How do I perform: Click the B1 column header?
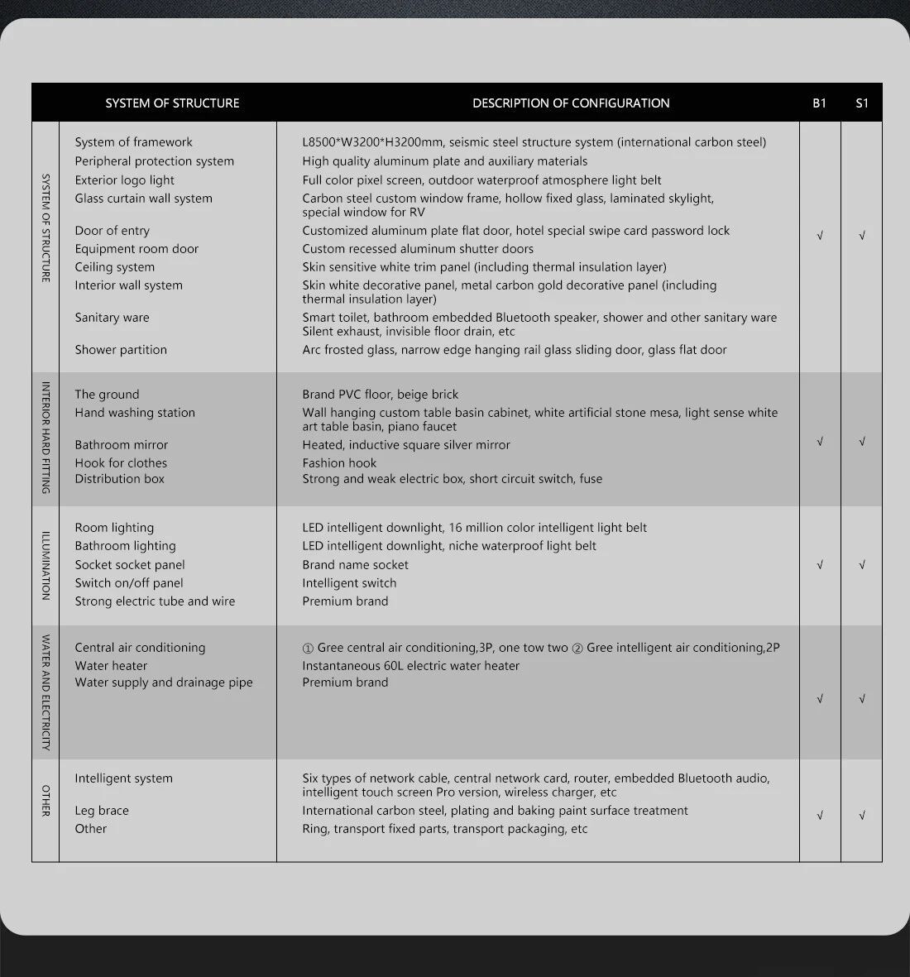click(819, 103)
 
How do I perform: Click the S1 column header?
click(862, 103)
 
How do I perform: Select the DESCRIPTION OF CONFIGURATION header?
click(571, 103)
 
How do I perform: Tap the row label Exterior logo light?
click(124, 180)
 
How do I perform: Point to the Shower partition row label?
click(121, 350)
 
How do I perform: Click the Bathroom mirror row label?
click(121, 445)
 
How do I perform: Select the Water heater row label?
click(111, 666)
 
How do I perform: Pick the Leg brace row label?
click(102, 811)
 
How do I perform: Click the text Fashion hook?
click(339, 463)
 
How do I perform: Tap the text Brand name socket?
click(355, 565)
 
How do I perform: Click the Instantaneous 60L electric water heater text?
click(410, 666)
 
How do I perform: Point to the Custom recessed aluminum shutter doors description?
click(418, 249)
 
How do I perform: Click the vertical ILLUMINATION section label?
click(45, 566)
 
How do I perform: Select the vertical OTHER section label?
click(45, 800)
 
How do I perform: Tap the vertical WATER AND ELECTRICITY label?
click(45, 692)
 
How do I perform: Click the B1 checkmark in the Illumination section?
click(820, 565)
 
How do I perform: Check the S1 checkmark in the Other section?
click(862, 816)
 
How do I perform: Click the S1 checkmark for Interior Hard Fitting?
click(862, 442)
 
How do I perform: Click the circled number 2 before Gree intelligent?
click(577, 648)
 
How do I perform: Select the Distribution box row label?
click(119, 479)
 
